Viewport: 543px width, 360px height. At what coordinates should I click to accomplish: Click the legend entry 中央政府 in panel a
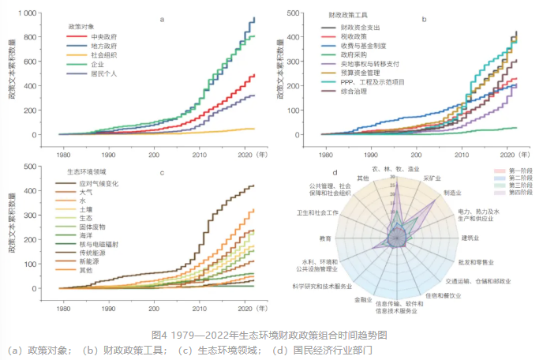click(x=107, y=36)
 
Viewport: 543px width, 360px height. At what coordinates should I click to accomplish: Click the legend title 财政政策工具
click(x=348, y=15)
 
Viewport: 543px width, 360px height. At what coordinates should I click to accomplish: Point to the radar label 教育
click(x=324, y=238)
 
